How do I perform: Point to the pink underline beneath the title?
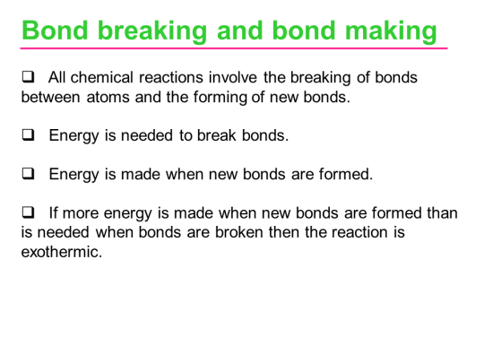[233, 48]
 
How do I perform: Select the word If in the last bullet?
[53, 213]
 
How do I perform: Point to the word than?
[442, 213]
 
